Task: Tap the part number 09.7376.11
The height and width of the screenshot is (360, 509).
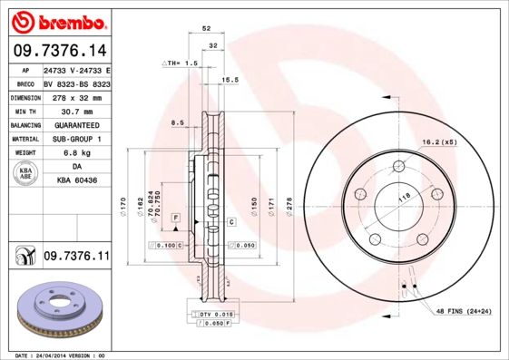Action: [x=76, y=258]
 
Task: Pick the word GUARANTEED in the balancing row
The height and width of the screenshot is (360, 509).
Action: [x=75, y=124]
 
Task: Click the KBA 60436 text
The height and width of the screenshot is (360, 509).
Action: [x=76, y=180]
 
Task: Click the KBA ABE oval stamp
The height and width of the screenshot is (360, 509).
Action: [x=27, y=173]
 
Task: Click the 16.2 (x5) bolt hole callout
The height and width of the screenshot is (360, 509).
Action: [x=438, y=142]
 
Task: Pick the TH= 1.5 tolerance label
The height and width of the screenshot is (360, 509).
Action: [x=180, y=63]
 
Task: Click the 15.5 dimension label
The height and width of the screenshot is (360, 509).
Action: [x=230, y=80]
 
